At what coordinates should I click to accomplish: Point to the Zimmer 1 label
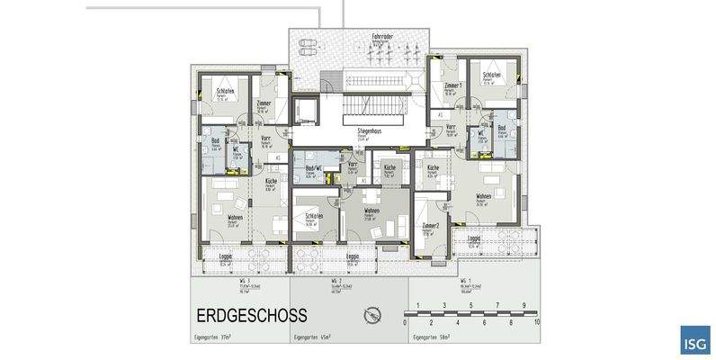[x=453, y=85]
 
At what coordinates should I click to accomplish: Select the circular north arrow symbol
[x=371, y=315]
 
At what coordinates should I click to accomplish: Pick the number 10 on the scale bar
[x=537, y=320]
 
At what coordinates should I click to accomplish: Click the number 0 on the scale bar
[x=406, y=320]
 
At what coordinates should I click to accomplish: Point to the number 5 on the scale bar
[x=471, y=320]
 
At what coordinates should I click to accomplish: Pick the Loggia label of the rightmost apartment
[x=474, y=238]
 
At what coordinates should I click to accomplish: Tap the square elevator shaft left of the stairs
[x=305, y=110]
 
